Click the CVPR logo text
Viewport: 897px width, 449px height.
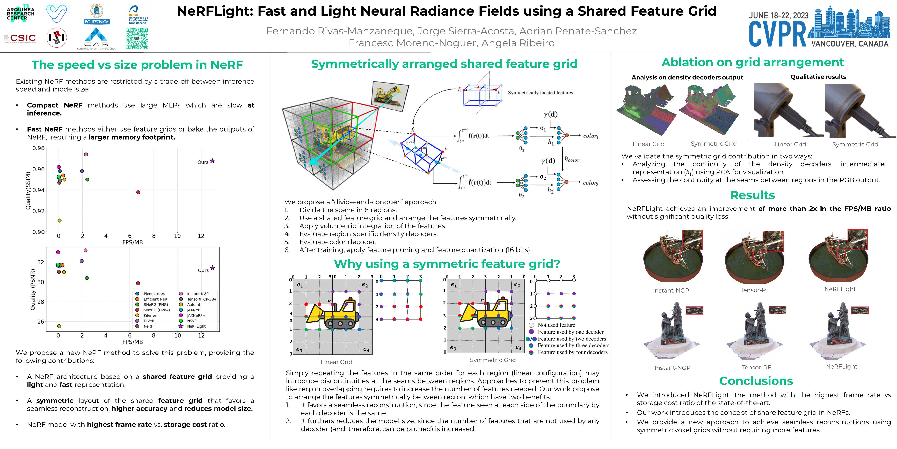pos(777,34)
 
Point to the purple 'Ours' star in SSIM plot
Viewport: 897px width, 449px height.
pos(212,161)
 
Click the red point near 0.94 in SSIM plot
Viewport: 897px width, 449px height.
pos(138,192)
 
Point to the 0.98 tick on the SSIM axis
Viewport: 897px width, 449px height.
pos(39,148)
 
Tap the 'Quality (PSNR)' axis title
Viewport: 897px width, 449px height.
pos(33,289)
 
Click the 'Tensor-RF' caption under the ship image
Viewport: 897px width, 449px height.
pos(755,290)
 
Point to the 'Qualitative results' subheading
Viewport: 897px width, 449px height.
pos(818,77)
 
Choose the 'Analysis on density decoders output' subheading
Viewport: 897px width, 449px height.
pos(687,77)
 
